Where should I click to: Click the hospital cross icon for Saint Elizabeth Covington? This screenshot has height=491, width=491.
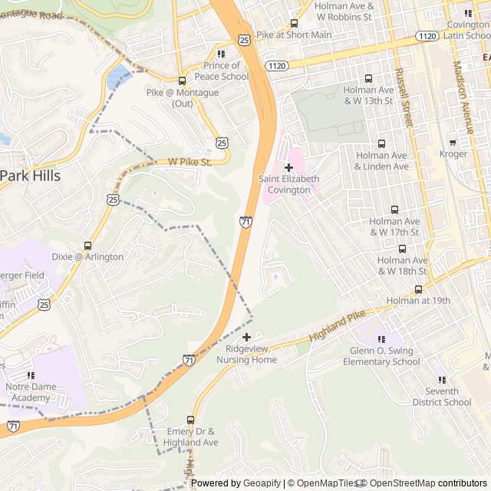click(x=288, y=167)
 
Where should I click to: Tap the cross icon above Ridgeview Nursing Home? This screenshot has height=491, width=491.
click(x=246, y=337)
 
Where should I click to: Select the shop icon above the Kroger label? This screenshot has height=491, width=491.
click(x=453, y=142)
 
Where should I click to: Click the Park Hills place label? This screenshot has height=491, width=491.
click(x=30, y=176)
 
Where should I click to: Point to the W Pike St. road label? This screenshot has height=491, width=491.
click(x=189, y=163)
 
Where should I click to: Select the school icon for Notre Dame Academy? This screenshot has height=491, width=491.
click(x=31, y=375)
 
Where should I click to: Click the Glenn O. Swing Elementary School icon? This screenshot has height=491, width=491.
click(x=381, y=339)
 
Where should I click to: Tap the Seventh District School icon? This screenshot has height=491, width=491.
click(x=441, y=380)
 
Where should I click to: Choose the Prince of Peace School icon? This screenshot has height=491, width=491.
click(x=221, y=54)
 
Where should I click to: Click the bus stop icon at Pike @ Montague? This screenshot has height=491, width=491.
click(x=182, y=81)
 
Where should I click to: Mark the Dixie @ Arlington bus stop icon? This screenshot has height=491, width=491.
click(x=87, y=245)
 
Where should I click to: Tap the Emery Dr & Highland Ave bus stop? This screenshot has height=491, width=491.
click(x=191, y=420)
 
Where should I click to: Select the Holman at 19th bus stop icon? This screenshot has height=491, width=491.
click(x=418, y=289)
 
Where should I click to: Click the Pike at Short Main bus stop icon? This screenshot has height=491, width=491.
click(x=294, y=23)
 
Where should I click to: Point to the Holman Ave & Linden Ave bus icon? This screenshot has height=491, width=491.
click(x=381, y=143)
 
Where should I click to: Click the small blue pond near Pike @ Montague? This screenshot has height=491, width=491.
click(x=119, y=77)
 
